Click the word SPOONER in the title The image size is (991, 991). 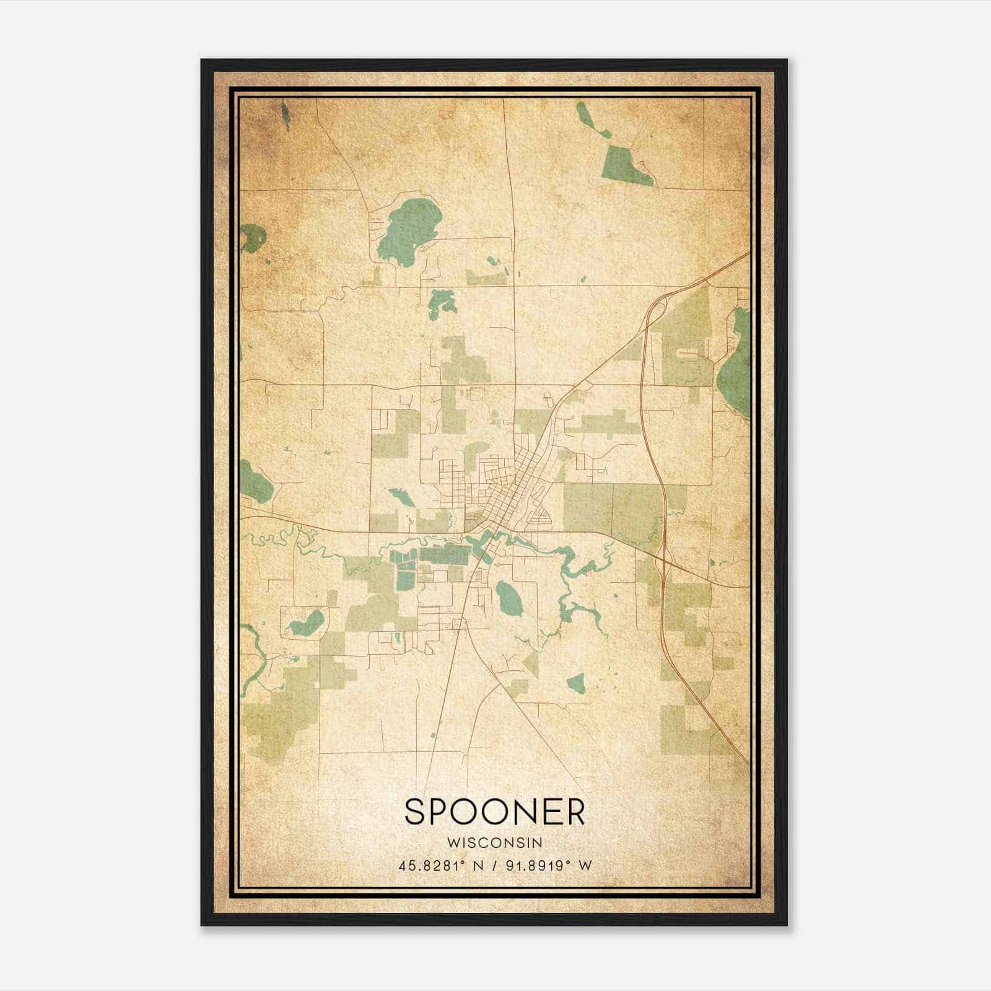pos(494,811)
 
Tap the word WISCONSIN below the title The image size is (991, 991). pos(494,842)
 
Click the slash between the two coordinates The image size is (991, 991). pos(494,865)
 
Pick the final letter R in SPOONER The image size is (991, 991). pos(574,811)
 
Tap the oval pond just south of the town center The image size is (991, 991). pos(509,598)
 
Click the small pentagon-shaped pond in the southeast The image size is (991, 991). pos(576,683)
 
